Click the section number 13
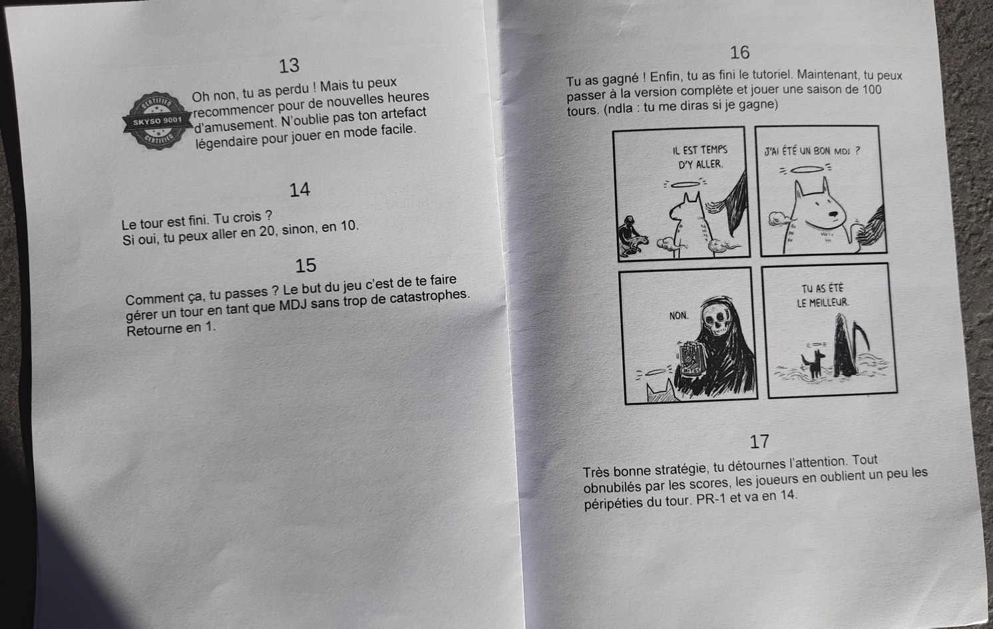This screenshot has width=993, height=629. tap(289, 66)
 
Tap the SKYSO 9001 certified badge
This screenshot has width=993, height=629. tap(157, 120)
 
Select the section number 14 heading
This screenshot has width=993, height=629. tap(299, 190)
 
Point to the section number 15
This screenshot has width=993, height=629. tap(306, 266)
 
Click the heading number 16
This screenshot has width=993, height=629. tap(740, 53)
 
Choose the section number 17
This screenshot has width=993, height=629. tap(759, 441)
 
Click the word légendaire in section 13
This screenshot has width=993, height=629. tap(226, 142)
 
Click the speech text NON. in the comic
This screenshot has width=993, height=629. tap(679, 316)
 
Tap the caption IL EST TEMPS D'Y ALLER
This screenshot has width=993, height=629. tap(700, 157)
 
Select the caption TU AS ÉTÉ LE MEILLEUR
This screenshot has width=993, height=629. tap(823, 296)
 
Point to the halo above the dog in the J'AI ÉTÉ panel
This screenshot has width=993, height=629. tap(806, 169)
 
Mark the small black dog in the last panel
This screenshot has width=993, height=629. tap(813, 364)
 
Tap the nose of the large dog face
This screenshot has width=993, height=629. tap(835, 215)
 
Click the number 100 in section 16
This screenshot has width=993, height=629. tap(871, 89)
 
